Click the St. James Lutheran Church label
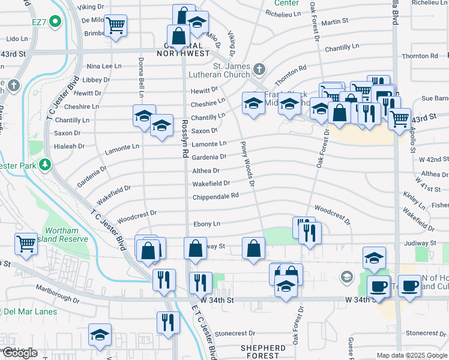point(232,70)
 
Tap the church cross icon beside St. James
point(259,68)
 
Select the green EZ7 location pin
point(56,22)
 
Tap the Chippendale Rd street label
point(215,196)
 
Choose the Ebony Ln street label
point(206,224)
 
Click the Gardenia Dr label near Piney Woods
point(209,157)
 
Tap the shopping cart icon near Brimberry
point(115,25)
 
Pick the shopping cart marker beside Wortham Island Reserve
point(26,243)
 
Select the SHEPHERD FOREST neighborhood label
point(263,352)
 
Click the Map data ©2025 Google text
point(412,355)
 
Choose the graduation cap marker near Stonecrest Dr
point(100,336)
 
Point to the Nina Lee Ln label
point(105,66)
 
